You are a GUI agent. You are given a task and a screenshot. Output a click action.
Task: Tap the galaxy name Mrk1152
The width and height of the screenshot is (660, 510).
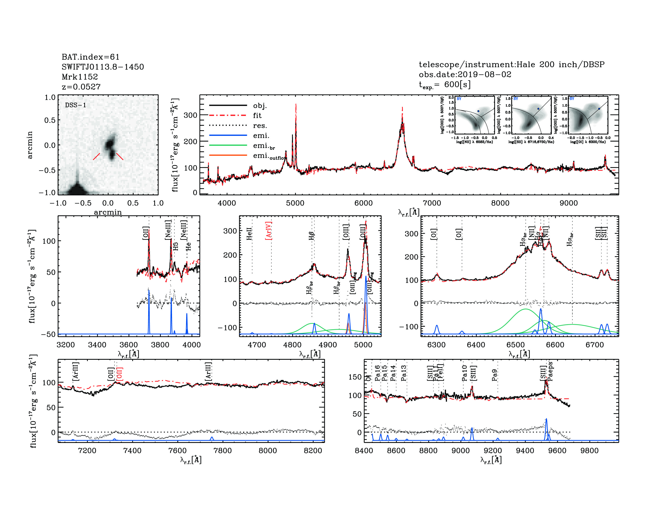click(x=80, y=77)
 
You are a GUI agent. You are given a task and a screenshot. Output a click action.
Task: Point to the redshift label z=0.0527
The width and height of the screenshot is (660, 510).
click(x=81, y=87)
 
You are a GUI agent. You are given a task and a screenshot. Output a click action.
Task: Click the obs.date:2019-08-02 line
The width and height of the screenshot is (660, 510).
click(x=465, y=74)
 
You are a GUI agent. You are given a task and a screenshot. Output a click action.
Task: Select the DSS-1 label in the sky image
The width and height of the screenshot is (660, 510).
click(x=76, y=105)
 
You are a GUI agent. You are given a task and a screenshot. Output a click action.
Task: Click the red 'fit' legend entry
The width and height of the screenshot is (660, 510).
click(x=257, y=115)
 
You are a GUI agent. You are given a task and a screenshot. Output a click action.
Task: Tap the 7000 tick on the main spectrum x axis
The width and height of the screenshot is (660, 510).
click(x=432, y=203)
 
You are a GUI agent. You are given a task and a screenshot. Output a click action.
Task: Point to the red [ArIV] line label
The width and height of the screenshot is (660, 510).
click(x=269, y=231)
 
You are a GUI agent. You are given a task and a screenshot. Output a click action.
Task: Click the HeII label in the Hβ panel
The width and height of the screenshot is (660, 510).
click(x=249, y=234)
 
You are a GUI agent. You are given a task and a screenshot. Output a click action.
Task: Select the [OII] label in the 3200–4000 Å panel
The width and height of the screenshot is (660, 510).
click(x=146, y=233)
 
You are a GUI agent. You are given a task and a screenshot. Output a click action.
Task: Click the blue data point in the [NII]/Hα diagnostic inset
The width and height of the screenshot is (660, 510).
click(x=478, y=111)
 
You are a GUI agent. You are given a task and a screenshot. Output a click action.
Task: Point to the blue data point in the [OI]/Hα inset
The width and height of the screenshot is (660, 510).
click(x=599, y=109)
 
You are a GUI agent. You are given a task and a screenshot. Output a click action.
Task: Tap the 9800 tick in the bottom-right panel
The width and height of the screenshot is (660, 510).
click(x=590, y=450)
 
